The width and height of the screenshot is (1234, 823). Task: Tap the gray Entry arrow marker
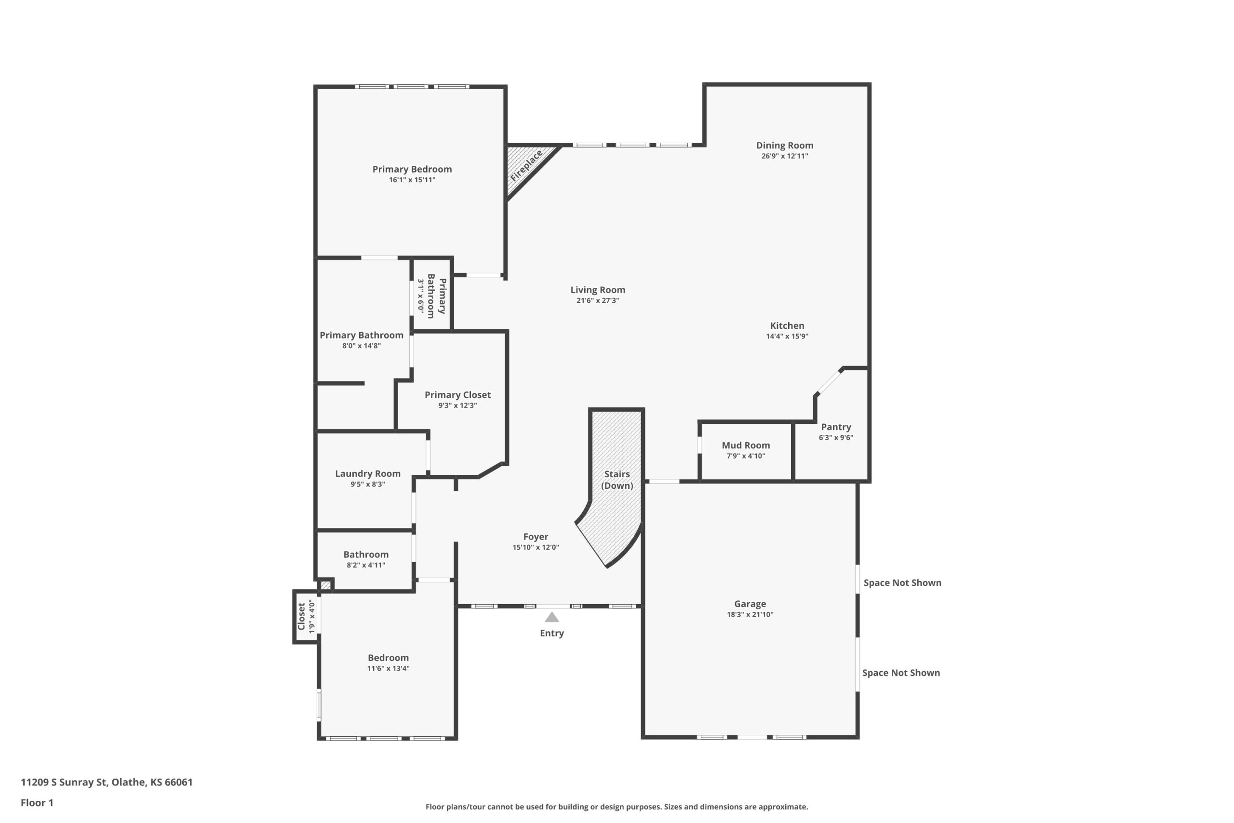551,617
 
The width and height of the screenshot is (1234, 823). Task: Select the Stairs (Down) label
617,480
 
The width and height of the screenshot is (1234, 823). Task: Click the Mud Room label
746,445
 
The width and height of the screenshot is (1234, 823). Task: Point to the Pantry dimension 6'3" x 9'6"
836,438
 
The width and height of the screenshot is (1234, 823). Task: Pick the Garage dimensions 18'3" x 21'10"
750,615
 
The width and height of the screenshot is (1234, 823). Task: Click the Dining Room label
784,146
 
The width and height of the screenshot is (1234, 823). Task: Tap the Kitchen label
787,325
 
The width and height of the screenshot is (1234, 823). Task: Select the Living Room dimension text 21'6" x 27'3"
598,301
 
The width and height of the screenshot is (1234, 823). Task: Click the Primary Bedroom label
412,169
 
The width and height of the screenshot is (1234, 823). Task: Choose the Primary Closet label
457,395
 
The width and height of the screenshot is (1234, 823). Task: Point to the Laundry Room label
368,473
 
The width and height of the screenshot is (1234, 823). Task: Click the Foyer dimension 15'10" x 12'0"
536,547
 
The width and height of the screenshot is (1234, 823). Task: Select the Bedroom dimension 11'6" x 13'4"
388,669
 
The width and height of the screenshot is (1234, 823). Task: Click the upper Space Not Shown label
902,582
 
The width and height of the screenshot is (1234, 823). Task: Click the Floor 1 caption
37,803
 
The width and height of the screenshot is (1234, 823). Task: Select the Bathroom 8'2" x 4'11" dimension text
366,565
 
